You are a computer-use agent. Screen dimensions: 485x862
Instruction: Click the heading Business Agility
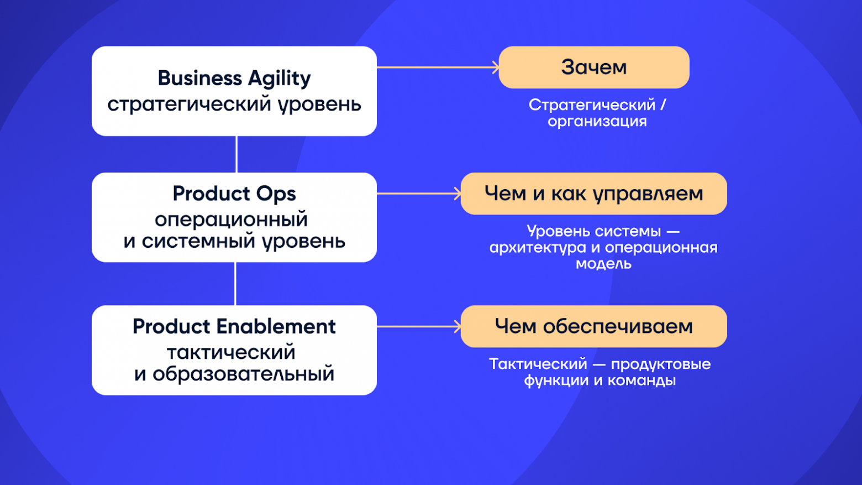tap(234, 79)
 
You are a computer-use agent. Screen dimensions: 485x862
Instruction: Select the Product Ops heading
tap(234, 194)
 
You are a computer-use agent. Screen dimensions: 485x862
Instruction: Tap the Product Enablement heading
tap(234, 327)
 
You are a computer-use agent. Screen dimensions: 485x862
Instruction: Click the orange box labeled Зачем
tap(594, 67)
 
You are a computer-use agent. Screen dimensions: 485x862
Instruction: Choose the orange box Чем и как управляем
tap(594, 194)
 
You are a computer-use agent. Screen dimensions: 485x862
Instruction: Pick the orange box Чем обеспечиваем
tap(594, 326)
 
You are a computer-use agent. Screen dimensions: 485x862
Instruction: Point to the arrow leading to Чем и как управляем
tap(419, 194)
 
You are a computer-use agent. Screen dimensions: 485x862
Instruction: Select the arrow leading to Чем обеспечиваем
tap(419, 326)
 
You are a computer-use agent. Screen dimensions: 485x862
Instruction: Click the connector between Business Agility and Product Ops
tap(236, 154)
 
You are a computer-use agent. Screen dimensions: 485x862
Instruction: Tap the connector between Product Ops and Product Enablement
tap(235, 284)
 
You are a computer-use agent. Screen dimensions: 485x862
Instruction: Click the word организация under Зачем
tap(597, 122)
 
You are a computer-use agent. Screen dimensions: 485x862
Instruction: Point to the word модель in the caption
tap(603, 264)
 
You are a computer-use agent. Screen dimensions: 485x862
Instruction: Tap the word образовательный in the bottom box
tap(243, 374)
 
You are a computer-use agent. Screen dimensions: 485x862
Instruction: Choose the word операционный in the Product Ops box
tap(231, 220)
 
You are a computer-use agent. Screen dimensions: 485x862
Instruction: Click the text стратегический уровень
tap(234, 105)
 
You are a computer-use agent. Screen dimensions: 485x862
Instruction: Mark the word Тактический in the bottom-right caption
tap(538, 364)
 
